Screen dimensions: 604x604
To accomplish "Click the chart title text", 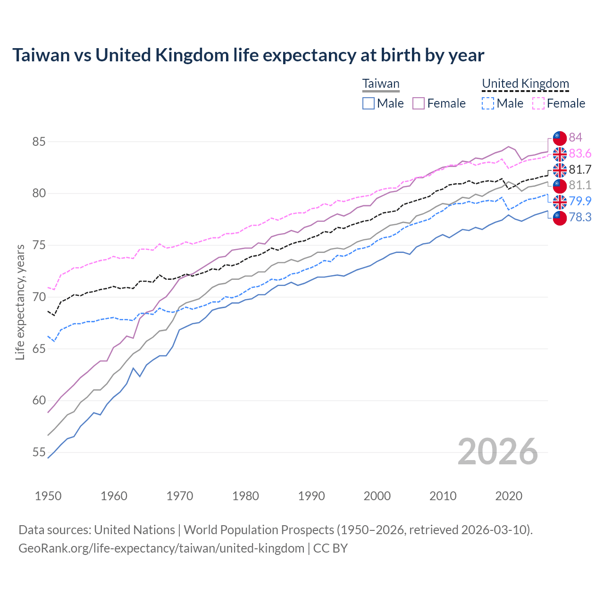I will (x=248, y=55).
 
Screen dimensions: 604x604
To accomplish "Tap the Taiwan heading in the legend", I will (x=381, y=84).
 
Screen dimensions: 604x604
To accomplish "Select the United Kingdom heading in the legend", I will (x=525, y=84).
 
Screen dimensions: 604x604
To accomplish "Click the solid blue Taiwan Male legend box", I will (x=369, y=103).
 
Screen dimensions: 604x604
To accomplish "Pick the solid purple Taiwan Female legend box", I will (x=419, y=103).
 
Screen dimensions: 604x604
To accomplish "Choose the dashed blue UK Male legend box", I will (x=488, y=103).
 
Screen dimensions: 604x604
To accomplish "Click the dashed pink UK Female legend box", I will (x=538, y=103).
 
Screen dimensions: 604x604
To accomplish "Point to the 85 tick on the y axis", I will (x=39, y=142).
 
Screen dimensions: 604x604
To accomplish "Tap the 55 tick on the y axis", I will (x=39, y=452).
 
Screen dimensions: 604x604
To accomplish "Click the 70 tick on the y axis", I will (x=39, y=297).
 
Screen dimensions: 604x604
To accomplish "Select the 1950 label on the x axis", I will (x=48, y=496).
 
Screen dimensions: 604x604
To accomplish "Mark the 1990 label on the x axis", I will (x=311, y=496).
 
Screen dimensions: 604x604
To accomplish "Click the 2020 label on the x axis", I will (x=509, y=496).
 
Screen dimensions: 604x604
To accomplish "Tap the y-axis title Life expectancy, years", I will (x=20, y=302).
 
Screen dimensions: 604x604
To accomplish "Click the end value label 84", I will (x=575, y=137).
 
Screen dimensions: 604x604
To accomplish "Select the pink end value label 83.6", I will (x=580, y=153).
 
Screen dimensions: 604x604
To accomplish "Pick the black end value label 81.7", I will (x=580, y=169).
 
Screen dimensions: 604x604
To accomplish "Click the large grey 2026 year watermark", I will (x=498, y=452).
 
